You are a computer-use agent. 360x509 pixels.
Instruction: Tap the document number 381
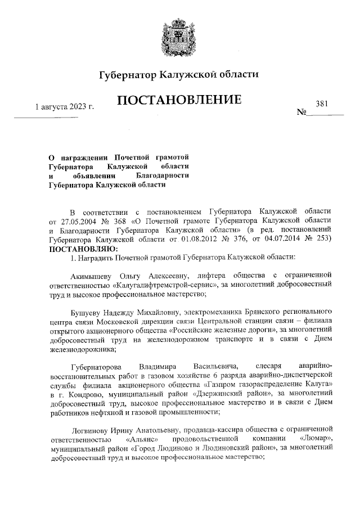coord(322,103)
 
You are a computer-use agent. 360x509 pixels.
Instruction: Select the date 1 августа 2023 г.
coord(64,106)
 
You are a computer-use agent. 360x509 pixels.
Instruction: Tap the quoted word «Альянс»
coord(143,438)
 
